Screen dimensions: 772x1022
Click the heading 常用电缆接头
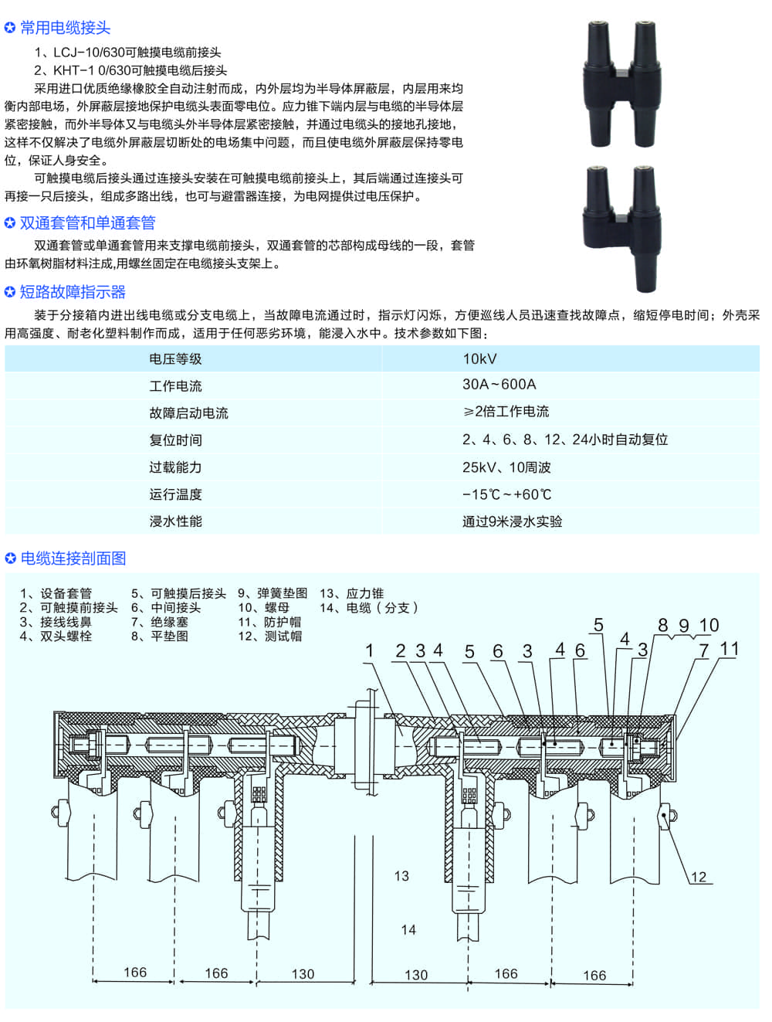point(65,28)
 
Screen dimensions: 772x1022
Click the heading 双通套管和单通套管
point(87,223)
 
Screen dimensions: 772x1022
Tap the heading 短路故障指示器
point(73,292)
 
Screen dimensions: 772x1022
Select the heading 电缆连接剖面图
point(73,559)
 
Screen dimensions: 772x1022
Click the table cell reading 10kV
point(479,359)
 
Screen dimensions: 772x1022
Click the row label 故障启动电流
point(188,413)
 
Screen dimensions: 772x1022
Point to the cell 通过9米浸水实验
point(512,521)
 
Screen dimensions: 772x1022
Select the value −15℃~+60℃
point(506,494)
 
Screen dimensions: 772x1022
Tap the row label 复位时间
point(175,440)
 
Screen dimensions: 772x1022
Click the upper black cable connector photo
point(621,83)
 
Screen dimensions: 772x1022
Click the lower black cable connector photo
point(621,229)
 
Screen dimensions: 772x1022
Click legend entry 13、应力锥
point(351,593)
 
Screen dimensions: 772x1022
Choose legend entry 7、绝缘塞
point(160,622)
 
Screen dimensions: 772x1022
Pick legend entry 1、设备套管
point(56,593)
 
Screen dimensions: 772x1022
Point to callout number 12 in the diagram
point(699,878)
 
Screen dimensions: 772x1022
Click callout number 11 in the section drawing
point(730,649)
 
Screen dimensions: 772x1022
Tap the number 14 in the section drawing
point(408,930)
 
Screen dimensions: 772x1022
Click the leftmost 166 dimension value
point(135,973)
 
